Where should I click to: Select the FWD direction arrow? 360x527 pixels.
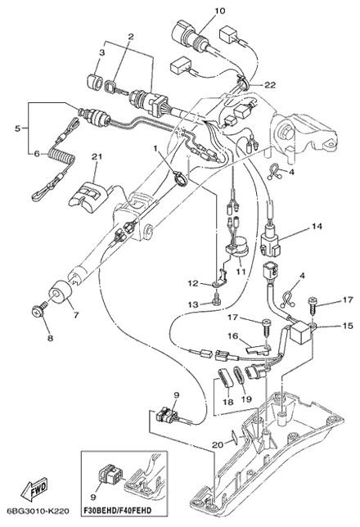(34, 489)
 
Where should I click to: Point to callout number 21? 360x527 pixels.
(97, 156)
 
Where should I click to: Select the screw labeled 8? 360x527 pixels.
(39, 312)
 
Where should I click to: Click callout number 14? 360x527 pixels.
(317, 226)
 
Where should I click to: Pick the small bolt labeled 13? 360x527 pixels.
(215, 297)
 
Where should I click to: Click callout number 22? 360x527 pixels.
(269, 85)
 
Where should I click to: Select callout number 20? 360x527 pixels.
(218, 444)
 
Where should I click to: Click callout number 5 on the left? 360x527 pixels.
(17, 128)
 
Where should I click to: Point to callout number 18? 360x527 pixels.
(228, 402)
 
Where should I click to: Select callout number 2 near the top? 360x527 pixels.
(131, 36)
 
